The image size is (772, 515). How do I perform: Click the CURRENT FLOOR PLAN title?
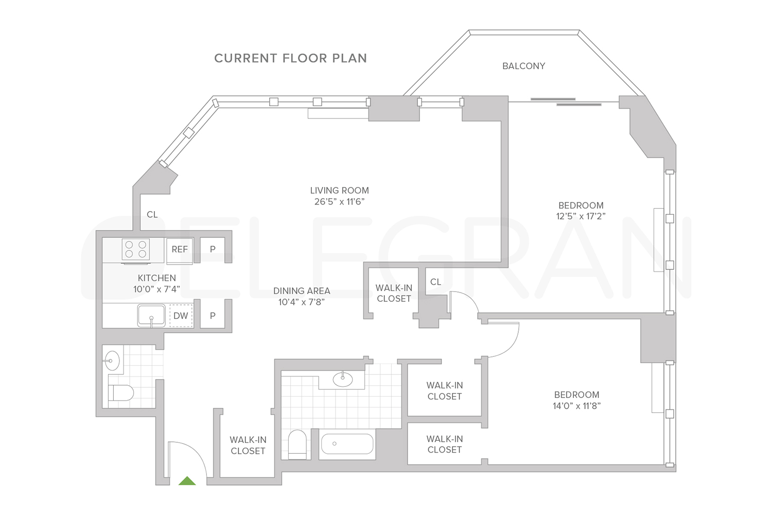point(290,58)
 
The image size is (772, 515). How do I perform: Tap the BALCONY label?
point(523,66)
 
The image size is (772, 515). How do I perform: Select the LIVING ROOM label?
point(339,191)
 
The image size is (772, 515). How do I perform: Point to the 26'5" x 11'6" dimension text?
point(339,202)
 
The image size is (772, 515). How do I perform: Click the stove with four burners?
point(136,250)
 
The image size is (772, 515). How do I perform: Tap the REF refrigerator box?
point(180,250)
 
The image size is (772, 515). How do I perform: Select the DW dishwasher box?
point(181,316)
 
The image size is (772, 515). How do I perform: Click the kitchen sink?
point(151,315)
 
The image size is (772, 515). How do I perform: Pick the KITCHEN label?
point(156,278)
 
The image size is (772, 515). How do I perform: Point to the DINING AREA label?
point(302,291)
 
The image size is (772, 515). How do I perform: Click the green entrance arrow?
point(187,481)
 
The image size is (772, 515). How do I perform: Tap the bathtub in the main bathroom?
point(347,443)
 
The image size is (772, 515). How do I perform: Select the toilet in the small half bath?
point(120,393)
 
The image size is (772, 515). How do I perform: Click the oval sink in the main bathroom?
point(343,379)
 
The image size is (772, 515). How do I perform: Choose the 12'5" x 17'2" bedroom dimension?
point(581,216)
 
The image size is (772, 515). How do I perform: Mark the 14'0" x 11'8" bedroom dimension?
point(576,406)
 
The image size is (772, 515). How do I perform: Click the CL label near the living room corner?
point(152,215)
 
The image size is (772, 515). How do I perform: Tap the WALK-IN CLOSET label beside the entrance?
point(248,445)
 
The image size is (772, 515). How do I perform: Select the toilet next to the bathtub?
point(297,444)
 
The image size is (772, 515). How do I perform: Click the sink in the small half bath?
point(112,360)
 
